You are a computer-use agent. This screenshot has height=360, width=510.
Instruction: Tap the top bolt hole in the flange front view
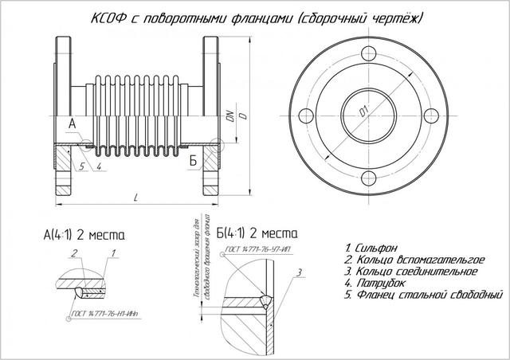(367, 55)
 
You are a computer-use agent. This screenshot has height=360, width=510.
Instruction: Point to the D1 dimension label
(366, 115)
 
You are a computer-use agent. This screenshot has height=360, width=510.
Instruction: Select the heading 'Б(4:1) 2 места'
(256, 234)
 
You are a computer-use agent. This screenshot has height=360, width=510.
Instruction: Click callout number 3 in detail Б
(296, 273)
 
